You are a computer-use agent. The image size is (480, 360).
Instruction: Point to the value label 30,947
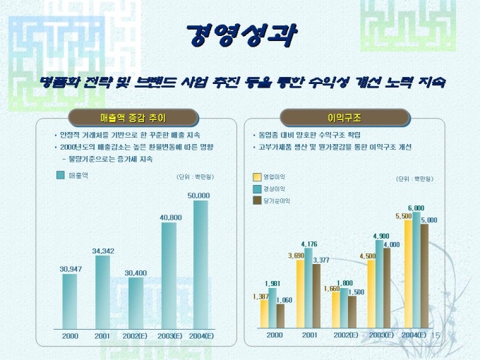pyautogui.click(x=70, y=269)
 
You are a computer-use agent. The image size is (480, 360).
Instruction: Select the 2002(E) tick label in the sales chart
pyautogui.click(x=134, y=336)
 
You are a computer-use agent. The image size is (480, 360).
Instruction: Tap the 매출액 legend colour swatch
pyautogui.click(x=61, y=174)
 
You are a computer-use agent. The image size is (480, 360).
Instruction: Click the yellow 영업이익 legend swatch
pyautogui.click(x=257, y=176)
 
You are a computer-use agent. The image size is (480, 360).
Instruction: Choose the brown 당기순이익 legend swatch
pyautogui.click(x=257, y=201)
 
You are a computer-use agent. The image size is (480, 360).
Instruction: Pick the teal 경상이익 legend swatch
pyautogui.click(x=257, y=188)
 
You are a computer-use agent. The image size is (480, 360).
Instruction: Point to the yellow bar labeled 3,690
pyautogui.click(x=300, y=294)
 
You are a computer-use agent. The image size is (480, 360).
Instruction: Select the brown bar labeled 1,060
pyautogui.click(x=280, y=316)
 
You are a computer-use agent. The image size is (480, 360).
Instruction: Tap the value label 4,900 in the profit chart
pyautogui.click(x=380, y=236)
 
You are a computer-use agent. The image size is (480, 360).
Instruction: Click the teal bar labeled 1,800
pyautogui.click(x=344, y=308)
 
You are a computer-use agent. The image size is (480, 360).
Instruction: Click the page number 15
pyautogui.click(x=435, y=335)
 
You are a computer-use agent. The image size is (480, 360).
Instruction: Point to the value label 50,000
pyautogui.click(x=198, y=195)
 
